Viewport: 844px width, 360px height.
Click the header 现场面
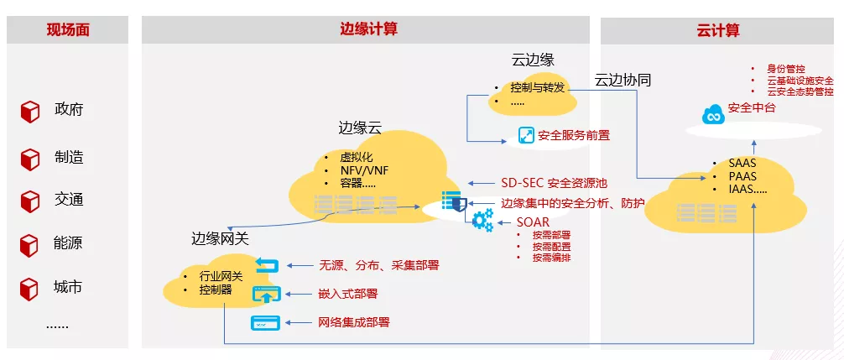point(68,30)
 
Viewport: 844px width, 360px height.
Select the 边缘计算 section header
point(368,29)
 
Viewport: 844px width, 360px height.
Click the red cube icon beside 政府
point(30,111)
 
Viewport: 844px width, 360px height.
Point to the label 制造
point(69,157)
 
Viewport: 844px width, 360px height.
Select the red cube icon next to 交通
point(30,201)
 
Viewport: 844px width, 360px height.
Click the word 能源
point(69,243)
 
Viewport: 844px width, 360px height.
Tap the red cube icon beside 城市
point(30,289)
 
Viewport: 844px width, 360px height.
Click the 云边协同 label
point(623,81)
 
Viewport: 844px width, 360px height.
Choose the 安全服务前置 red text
point(574,135)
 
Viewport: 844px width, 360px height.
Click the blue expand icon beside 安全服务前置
point(526,135)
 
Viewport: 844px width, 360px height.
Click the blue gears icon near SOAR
point(482,220)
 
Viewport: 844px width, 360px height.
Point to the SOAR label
point(533,222)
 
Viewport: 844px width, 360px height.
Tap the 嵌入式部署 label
point(348,294)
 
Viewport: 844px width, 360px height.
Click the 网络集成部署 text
point(354,322)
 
